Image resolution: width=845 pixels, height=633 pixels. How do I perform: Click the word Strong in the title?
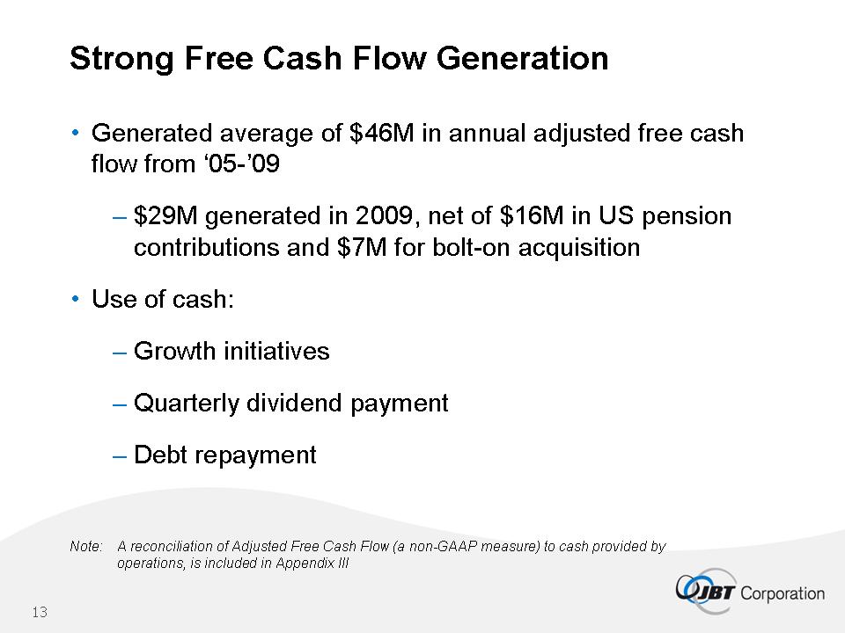point(121,59)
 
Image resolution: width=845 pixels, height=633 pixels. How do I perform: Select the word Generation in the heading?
point(522,58)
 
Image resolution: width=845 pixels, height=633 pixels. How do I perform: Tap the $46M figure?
point(381,133)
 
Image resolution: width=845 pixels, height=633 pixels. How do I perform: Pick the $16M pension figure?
point(532,216)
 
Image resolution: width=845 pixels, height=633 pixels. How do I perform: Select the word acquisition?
point(579,248)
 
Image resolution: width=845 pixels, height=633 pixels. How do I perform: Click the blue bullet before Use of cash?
point(76,298)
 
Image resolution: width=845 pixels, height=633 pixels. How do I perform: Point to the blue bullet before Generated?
point(76,132)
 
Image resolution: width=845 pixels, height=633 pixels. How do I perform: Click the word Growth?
point(174,351)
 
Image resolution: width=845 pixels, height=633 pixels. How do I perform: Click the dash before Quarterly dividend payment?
point(119,404)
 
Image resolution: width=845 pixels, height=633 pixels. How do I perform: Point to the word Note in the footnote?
point(85,546)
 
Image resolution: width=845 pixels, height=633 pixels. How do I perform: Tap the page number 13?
point(40,612)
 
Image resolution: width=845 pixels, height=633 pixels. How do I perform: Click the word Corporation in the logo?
point(782,593)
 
